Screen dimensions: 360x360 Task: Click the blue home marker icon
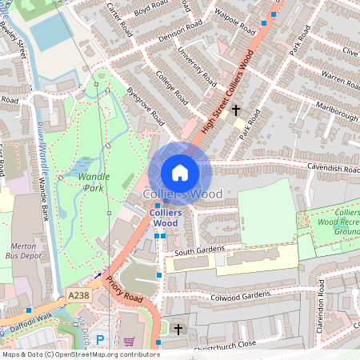[x=180, y=172]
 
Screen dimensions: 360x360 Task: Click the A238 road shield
[x=78, y=295]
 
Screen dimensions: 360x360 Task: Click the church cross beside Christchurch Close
[x=178, y=329]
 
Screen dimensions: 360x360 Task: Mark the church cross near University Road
[x=236, y=110]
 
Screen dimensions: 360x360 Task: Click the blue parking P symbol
[x=100, y=340]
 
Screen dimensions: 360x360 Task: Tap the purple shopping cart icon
[x=129, y=341]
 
